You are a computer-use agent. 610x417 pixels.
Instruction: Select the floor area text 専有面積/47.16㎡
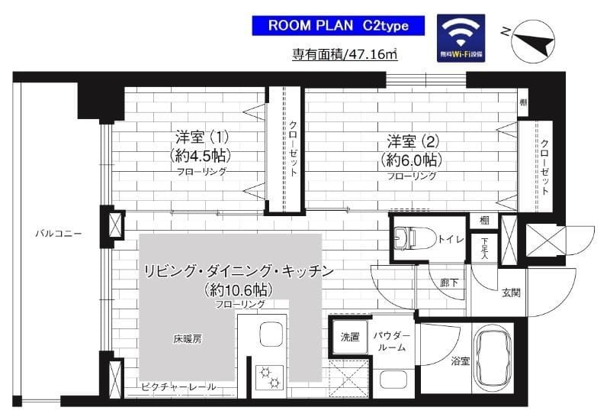pyautogui.click(x=345, y=54)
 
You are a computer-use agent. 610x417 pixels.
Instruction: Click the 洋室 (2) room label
pyautogui.click(x=411, y=151)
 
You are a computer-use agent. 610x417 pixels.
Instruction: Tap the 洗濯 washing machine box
pyautogui.click(x=349, y=338)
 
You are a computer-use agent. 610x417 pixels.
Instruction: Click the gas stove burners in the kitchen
pyautogui.click(x=270, y=375)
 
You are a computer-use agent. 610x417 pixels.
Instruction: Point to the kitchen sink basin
pyautogui.click(x=271, y=335)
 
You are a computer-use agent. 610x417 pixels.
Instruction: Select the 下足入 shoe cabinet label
pyautogui.click(x=484, y=247)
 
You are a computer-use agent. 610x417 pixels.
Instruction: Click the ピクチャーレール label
pyautogui.click(x=178, y=386)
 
